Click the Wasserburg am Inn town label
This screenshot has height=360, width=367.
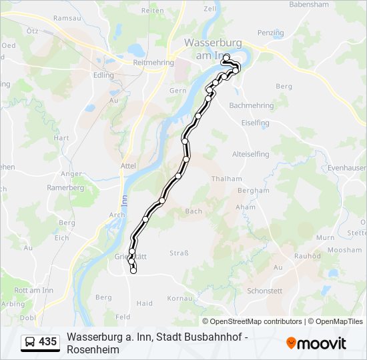click(207, 48)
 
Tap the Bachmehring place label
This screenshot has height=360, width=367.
click(252, 105)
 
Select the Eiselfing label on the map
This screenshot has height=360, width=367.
click(255, 123)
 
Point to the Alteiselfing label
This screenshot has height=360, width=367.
click(250, 154)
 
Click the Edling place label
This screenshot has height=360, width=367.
click(104, 75)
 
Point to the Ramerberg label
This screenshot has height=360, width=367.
click(65, 188)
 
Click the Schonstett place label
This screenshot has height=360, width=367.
click(265, 291)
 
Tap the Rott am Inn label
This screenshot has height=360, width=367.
click(33, 290)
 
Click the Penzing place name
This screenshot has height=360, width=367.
click(270, 33)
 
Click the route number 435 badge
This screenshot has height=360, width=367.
click(41, 342)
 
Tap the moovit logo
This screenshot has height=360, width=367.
click(316, 343)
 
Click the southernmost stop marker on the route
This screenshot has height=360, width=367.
click(133, 271)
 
